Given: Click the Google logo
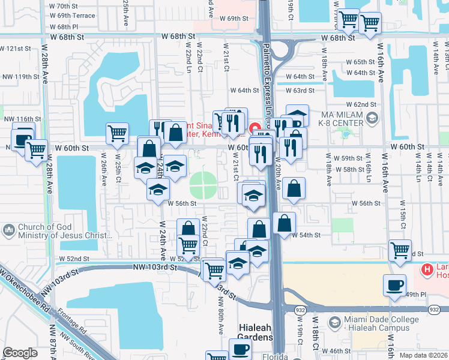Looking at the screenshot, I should tap(20, 353).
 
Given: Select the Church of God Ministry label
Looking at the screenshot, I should tap(53, 232).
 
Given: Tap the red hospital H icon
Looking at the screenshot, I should tap(427, 270).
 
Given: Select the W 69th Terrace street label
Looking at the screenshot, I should tap(73, 16).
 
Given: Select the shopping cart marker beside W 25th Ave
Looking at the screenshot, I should tap(117, 133).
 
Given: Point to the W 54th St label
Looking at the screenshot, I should tap(306, 235).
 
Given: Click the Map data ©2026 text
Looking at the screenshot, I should tap(423, 355).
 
